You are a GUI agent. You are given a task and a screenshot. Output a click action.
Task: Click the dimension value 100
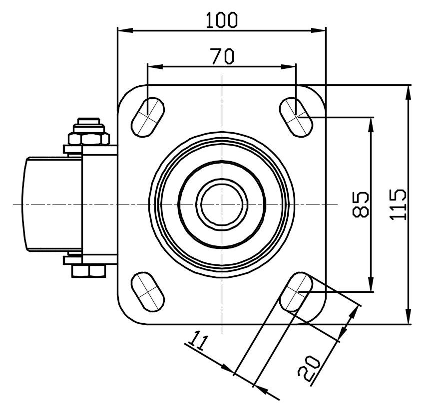[222, 20]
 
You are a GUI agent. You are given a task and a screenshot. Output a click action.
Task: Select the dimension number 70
[222, 56]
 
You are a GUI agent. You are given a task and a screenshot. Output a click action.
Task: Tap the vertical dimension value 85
[361, 204]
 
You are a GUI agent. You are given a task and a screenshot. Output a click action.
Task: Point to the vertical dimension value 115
[398, 204]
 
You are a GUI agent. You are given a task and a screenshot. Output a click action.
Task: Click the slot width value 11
[198, 340]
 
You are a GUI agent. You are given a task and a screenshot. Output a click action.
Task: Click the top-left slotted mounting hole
[148, 117]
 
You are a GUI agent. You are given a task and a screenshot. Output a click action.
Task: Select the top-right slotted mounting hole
[296, 117]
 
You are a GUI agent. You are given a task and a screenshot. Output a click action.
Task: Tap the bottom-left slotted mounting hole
[148, 292]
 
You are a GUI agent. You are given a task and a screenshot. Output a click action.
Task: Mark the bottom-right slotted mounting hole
[296, 292]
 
